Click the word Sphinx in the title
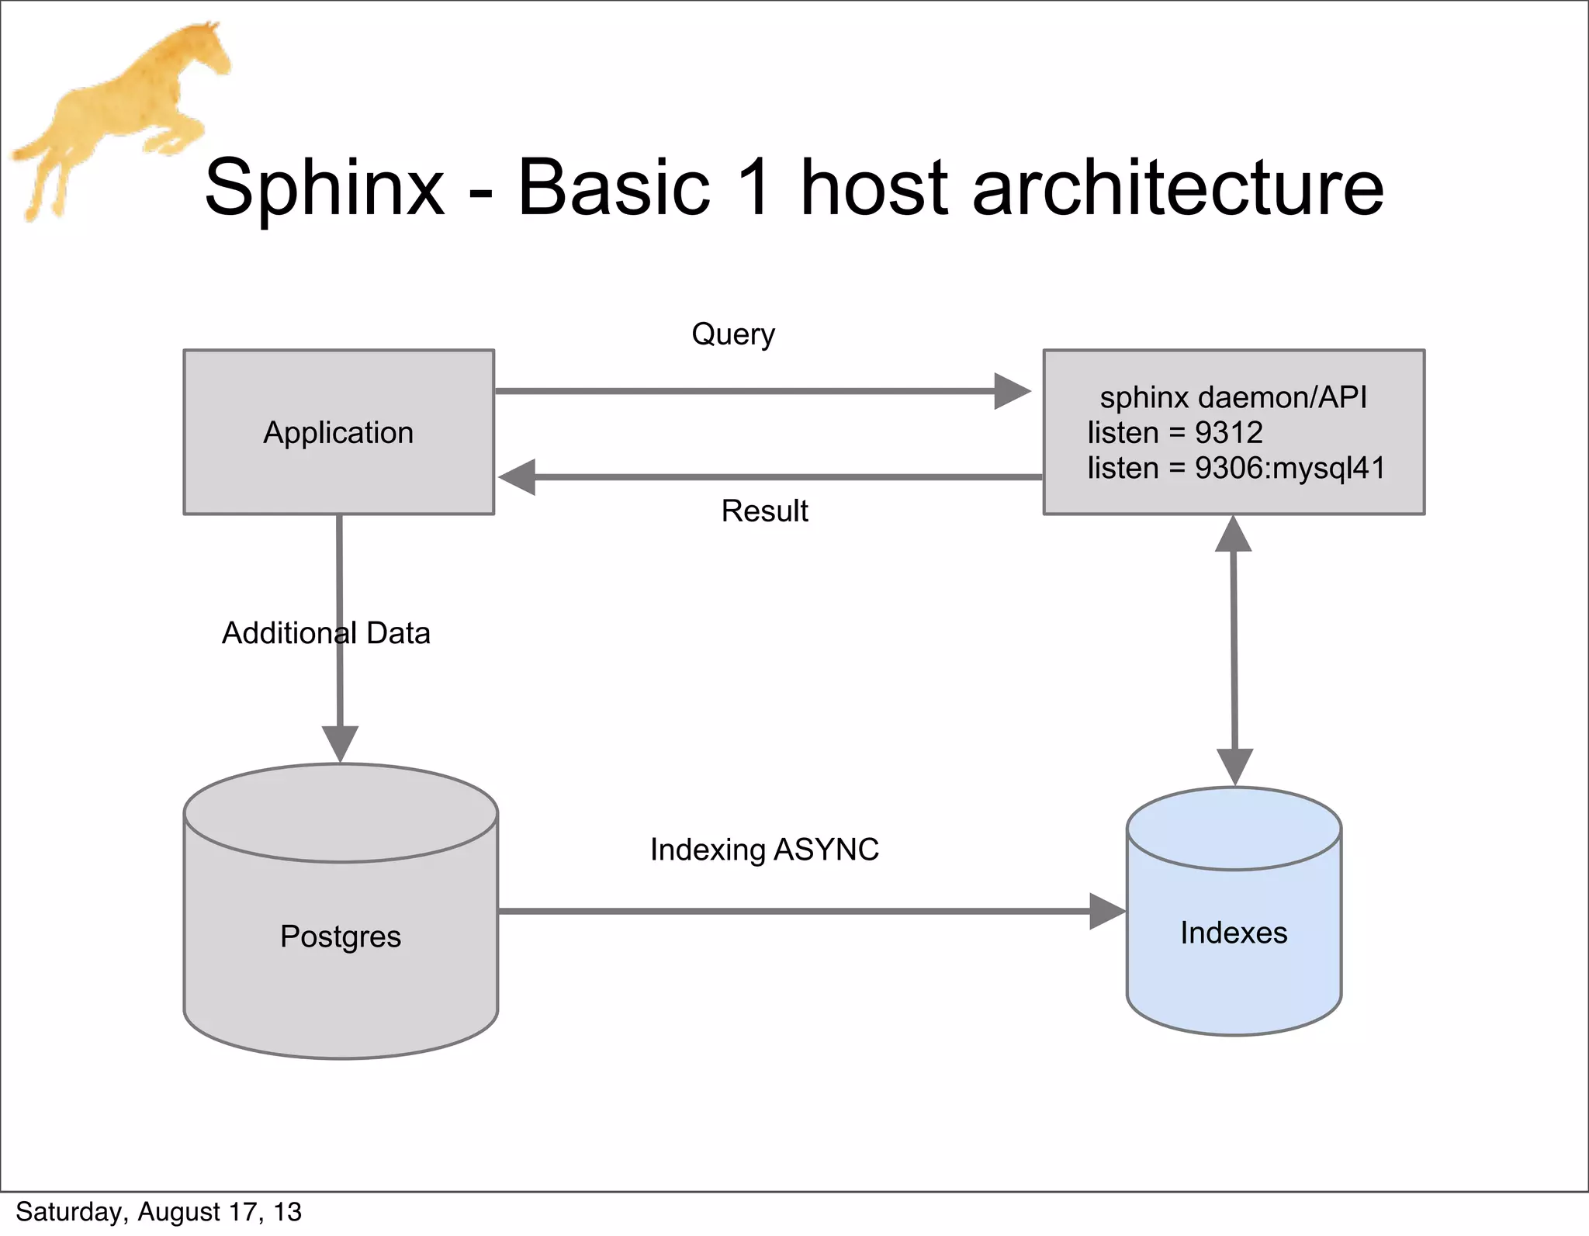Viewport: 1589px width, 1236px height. [324, 189]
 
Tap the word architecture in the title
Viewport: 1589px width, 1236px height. [1177, 189]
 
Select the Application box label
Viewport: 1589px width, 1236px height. [338, 433]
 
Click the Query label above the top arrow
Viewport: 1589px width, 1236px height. [733, 334]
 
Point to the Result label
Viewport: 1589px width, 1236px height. [764, 511]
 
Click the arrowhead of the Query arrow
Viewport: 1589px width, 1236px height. [1011, 391]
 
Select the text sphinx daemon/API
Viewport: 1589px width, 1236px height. [1233, 397]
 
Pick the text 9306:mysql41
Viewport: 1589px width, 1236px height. [1290, 468]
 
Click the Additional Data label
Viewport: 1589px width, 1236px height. [326, 633]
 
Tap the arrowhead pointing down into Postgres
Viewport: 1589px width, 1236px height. [340, 743]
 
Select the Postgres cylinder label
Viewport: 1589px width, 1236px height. [341, 937]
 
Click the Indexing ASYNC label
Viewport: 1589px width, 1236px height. [764, 850]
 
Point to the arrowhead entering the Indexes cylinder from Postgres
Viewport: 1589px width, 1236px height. [1106, 911]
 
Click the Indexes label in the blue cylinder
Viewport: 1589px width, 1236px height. [1234, 933]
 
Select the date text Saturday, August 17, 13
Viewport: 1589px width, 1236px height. [158, 1212]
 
